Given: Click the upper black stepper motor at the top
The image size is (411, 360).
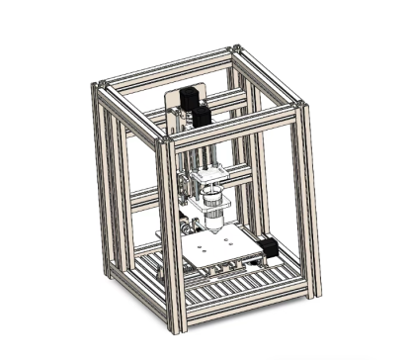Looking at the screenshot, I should click(x=191, y=96).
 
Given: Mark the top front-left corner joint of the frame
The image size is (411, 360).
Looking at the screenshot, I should click(x=163, y=142).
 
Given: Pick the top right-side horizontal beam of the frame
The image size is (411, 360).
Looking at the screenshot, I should click(x=268, y=75).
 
